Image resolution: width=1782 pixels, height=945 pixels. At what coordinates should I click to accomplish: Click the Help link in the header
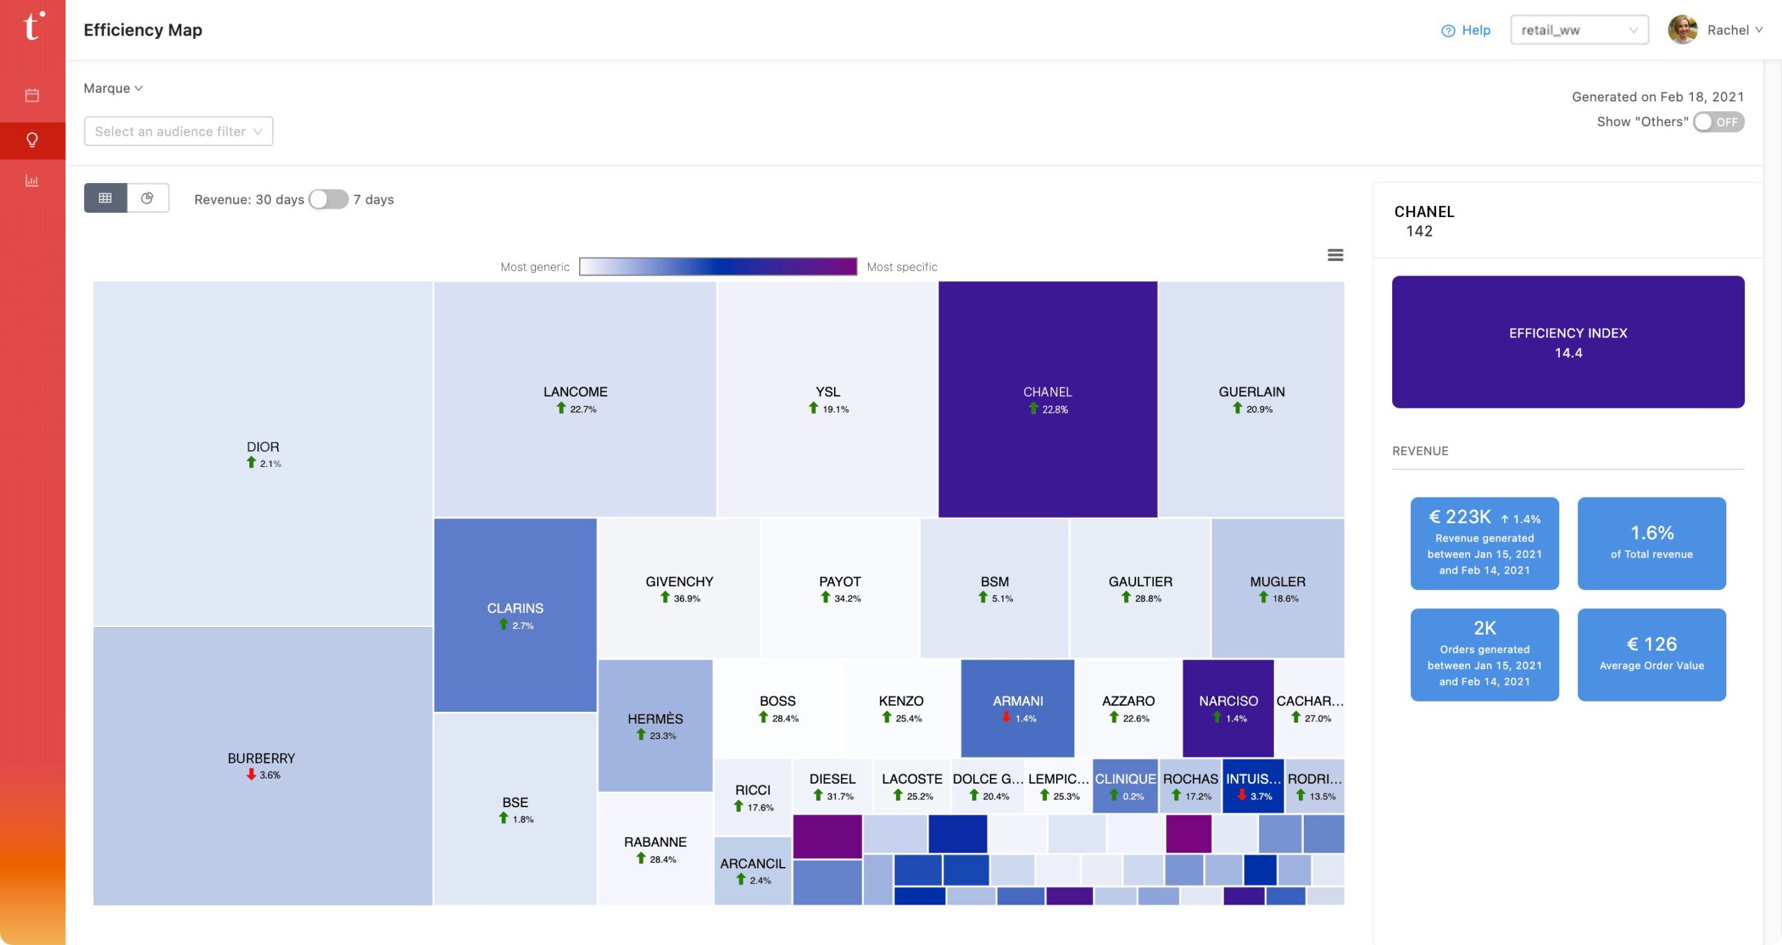[1466, 30]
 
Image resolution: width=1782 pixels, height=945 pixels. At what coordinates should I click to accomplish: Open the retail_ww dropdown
[1579, 30]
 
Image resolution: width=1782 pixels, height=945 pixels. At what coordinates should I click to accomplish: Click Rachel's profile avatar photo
[1682, 30]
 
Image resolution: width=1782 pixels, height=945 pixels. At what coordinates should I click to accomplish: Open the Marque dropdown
[113, 88]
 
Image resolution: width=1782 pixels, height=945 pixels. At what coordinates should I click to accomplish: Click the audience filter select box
[178, 132]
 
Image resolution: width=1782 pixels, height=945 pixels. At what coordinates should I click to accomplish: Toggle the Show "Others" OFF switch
[1718, 122]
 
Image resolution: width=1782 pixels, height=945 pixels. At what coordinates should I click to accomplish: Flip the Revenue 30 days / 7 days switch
[329, 200]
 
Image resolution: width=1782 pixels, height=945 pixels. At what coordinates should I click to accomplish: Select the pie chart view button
[148, 198]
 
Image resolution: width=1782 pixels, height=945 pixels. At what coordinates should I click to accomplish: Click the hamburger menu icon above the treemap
[1334, 255]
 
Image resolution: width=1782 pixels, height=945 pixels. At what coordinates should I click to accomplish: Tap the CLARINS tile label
[515, 608]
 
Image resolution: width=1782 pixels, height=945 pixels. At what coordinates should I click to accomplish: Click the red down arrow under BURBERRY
[251, 775]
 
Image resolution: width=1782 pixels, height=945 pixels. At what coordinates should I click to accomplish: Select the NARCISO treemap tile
[1228, 708]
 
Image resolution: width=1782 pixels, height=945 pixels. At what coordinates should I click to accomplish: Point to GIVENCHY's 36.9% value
[686, 599]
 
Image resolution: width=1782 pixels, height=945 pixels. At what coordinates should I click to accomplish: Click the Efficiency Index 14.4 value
[1568, 353]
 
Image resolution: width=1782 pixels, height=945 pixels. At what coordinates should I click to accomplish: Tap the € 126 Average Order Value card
[1651, 654]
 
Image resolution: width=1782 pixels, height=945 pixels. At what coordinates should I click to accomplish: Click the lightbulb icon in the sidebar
[32, 141]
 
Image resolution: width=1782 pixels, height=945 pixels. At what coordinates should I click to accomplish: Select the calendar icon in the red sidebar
[32, 95]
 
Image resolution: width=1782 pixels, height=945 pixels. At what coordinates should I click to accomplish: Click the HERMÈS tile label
[655, 719]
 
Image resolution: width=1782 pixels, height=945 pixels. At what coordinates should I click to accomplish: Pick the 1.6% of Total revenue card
[1651, 543]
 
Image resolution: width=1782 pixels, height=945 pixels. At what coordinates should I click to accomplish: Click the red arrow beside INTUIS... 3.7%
[1242, 795]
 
